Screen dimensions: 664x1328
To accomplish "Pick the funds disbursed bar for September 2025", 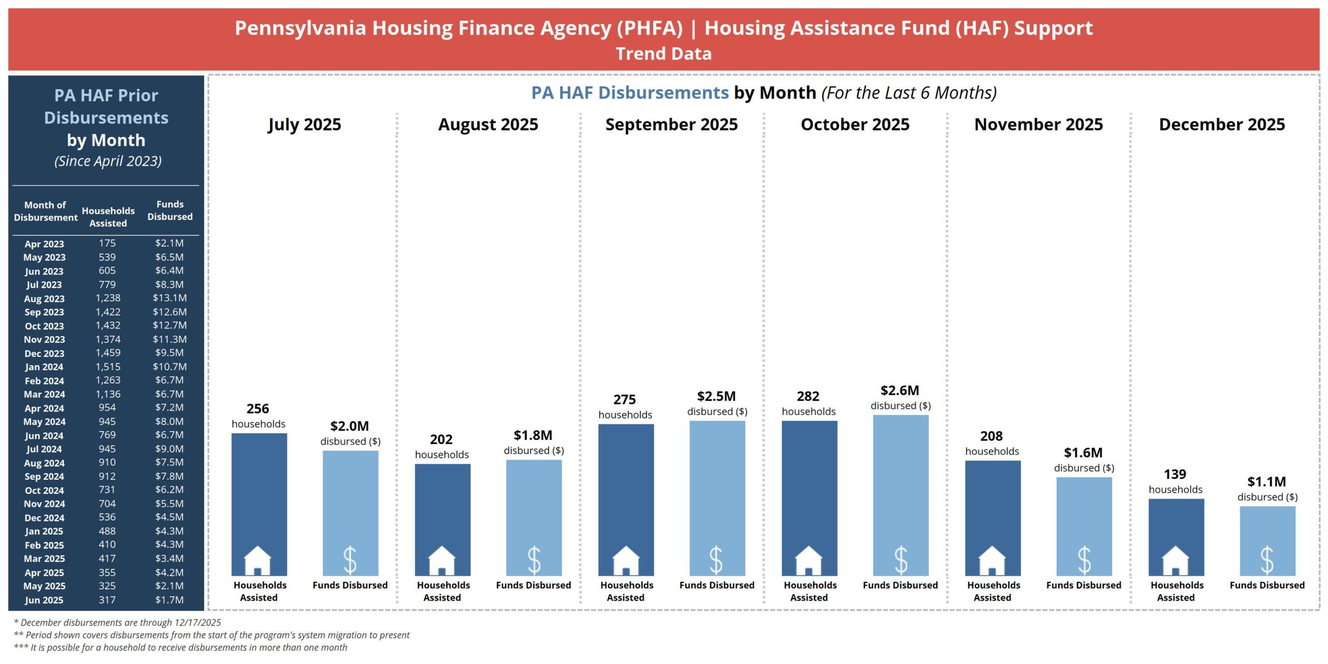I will tap(717, 488).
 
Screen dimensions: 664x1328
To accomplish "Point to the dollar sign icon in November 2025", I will tap(1084, 560).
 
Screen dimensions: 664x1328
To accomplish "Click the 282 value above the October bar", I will tap(808, 396).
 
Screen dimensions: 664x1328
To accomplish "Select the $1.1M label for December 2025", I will tap(1266, 482).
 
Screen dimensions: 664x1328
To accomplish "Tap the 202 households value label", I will tap(441, 439).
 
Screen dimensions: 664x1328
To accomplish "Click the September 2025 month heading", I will tap(671, 125).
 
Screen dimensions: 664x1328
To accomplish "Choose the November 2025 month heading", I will tap(1039, 125).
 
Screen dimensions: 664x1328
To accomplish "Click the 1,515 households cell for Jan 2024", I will tap(107, 367).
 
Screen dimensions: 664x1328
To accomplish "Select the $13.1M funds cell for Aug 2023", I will tap(170, 298).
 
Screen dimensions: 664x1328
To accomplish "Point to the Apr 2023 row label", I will tap(44, 244).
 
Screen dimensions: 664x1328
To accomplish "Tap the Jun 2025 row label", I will tap(44, 600).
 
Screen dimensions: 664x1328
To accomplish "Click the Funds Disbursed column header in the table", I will tap(170, 211).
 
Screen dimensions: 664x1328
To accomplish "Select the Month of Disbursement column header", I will tap(45, 211).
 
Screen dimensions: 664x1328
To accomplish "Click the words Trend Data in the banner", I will tap(663, 54).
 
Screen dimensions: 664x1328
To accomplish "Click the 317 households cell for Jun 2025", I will tap(107, 600).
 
